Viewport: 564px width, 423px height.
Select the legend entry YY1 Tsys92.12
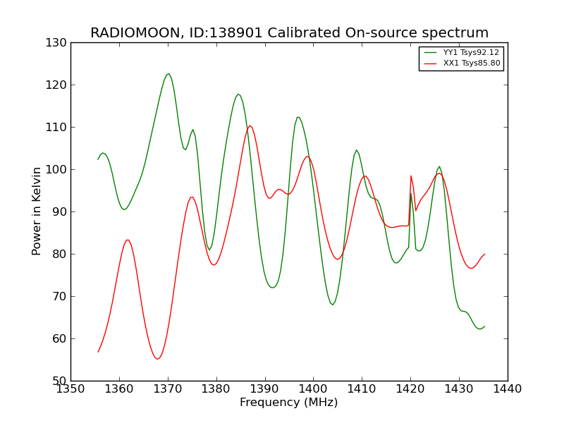tap(471, 53)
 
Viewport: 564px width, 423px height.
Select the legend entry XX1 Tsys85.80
tap(471, 63)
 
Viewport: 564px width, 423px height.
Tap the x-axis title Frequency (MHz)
tap(289, 403)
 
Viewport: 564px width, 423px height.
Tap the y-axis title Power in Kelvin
tap(37, 211)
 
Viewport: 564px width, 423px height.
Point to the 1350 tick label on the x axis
tap(70, 388)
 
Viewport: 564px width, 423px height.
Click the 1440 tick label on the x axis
tap(508, 388)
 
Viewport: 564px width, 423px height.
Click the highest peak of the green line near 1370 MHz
tap(168, 74)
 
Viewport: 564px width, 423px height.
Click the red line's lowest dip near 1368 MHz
tap(157, 359)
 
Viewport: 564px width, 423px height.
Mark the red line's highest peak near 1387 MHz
tap(250, 126)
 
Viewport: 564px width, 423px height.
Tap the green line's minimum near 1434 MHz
tap(479, 329)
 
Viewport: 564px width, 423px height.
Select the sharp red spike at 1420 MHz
tap(411, 176)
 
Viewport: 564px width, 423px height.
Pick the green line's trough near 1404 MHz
tap(333, 305)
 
